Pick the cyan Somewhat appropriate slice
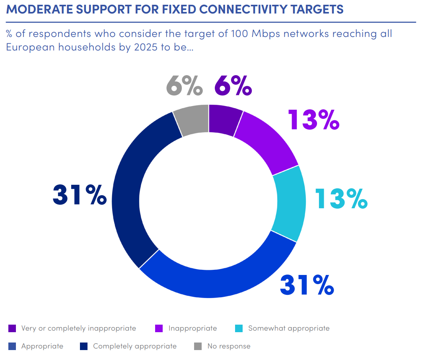point(290,203)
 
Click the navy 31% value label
point(80,194)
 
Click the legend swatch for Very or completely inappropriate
point(12,329)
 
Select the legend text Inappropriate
point(193,329)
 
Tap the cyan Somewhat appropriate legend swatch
point(239,329)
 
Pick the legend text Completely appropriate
point(134,346)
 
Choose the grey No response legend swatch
point(198,346)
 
